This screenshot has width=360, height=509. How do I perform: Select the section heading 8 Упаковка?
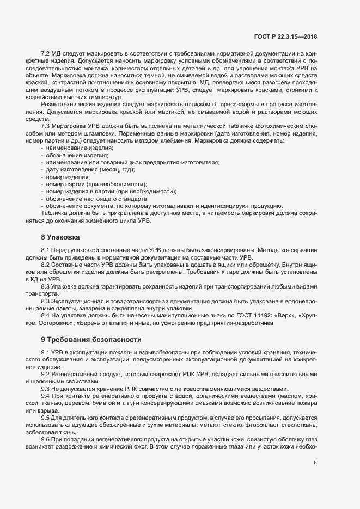pos(60,238)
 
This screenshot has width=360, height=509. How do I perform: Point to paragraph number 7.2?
pos(46,53)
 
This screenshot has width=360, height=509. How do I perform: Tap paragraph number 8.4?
pos(46,315)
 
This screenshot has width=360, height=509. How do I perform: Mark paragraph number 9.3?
pos(46,389)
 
